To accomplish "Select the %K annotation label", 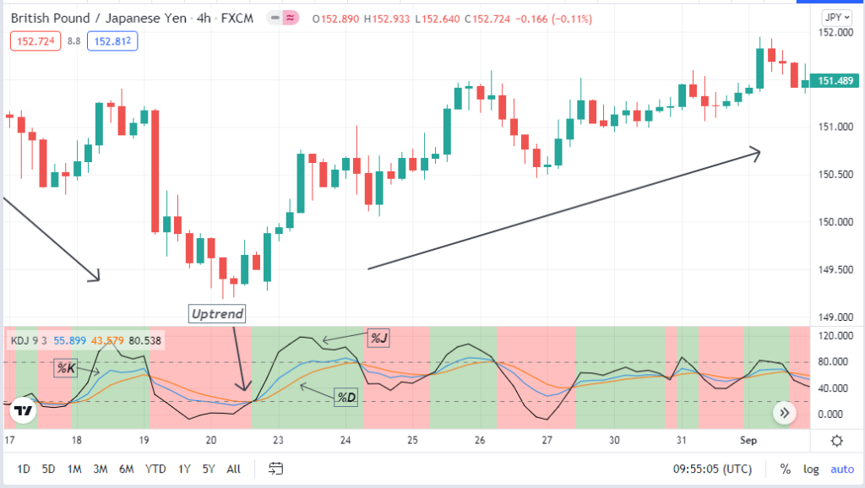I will tap(66, 367).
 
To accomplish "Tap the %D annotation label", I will tap(345, 397).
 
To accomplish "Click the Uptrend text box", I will tap(217, 314).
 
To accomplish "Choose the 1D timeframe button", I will tap(24, 468).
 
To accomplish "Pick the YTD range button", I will tap(155, 468).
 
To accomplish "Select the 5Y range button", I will tap(209, 468).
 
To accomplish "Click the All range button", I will tap(234, 468).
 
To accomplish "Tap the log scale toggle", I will tap(811, 469).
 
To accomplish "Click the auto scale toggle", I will tap(842, 469).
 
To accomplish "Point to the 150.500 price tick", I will tap(835, 175).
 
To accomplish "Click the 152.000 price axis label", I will tap(835, 32).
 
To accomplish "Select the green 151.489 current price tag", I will tap(834, 81).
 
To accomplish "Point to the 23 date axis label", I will tap(278, 441).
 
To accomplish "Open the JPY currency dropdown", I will tap(836, 17).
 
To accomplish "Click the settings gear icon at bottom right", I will tap(836, 441).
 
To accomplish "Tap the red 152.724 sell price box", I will tap(35, 41).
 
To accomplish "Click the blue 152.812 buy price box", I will tap(115, 41).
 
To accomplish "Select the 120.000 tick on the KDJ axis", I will tap(835, 336).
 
